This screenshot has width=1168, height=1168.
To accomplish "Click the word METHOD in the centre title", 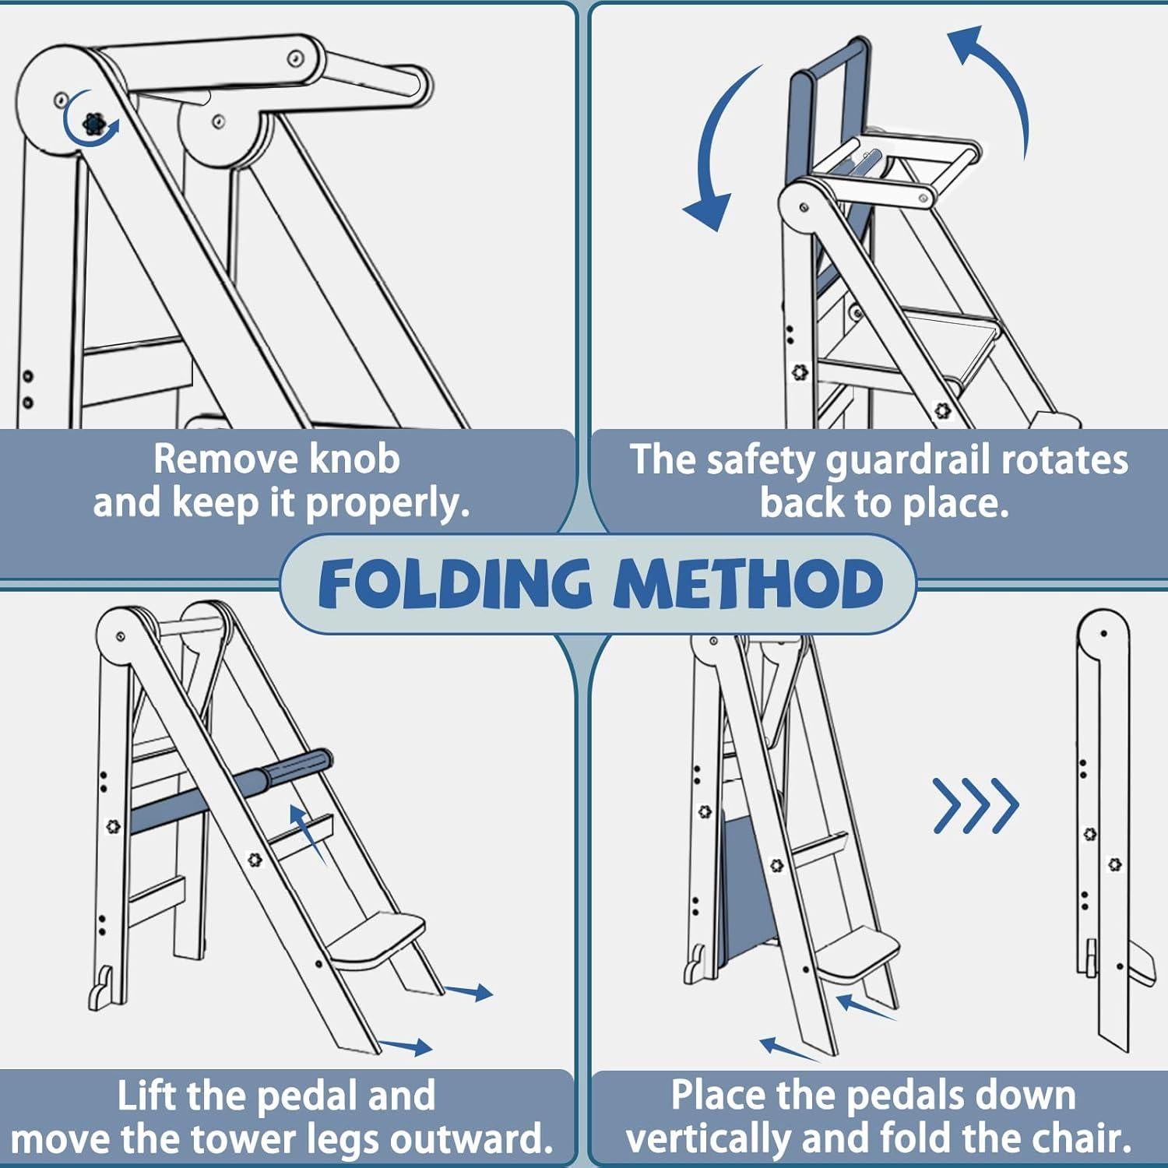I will pyautogui.click(x=748, y=583).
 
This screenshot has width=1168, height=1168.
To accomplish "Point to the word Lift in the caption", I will pyautogui.click(x=147, y=1096).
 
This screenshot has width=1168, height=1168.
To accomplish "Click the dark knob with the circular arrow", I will pyautogui.click(x=93, y=124).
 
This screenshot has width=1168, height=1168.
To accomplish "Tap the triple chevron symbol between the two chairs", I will pyautogui.click(x=976, y=805).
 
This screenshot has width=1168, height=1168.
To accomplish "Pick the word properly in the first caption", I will pyautogui.click(x=387, y=504).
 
